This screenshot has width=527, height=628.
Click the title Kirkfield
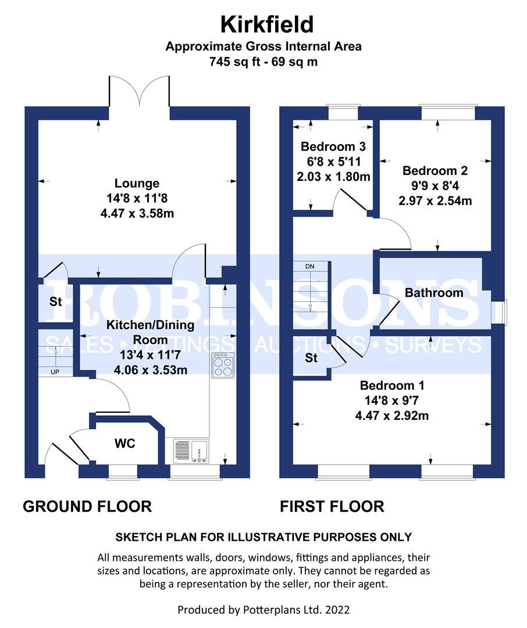[266, 24]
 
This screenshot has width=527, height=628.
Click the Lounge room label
[137, 184]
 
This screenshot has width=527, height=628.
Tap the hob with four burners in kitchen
[222, 366]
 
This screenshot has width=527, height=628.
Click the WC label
[124, 444]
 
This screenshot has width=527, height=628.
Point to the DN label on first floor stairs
[311, 266]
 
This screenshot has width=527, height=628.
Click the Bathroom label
[434, 292]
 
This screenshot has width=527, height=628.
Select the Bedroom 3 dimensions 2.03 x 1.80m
[332, 177]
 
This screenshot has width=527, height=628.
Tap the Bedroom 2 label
[435, 171]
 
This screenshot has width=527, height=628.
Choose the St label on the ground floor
[56, 302]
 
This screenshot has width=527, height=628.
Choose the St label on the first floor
[311, 358]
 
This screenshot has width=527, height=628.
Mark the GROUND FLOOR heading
[87, 506]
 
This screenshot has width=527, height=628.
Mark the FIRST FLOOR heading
[332, 506]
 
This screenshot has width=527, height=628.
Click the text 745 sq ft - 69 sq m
[263, 62]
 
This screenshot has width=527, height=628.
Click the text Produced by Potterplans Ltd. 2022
[263, 610]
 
